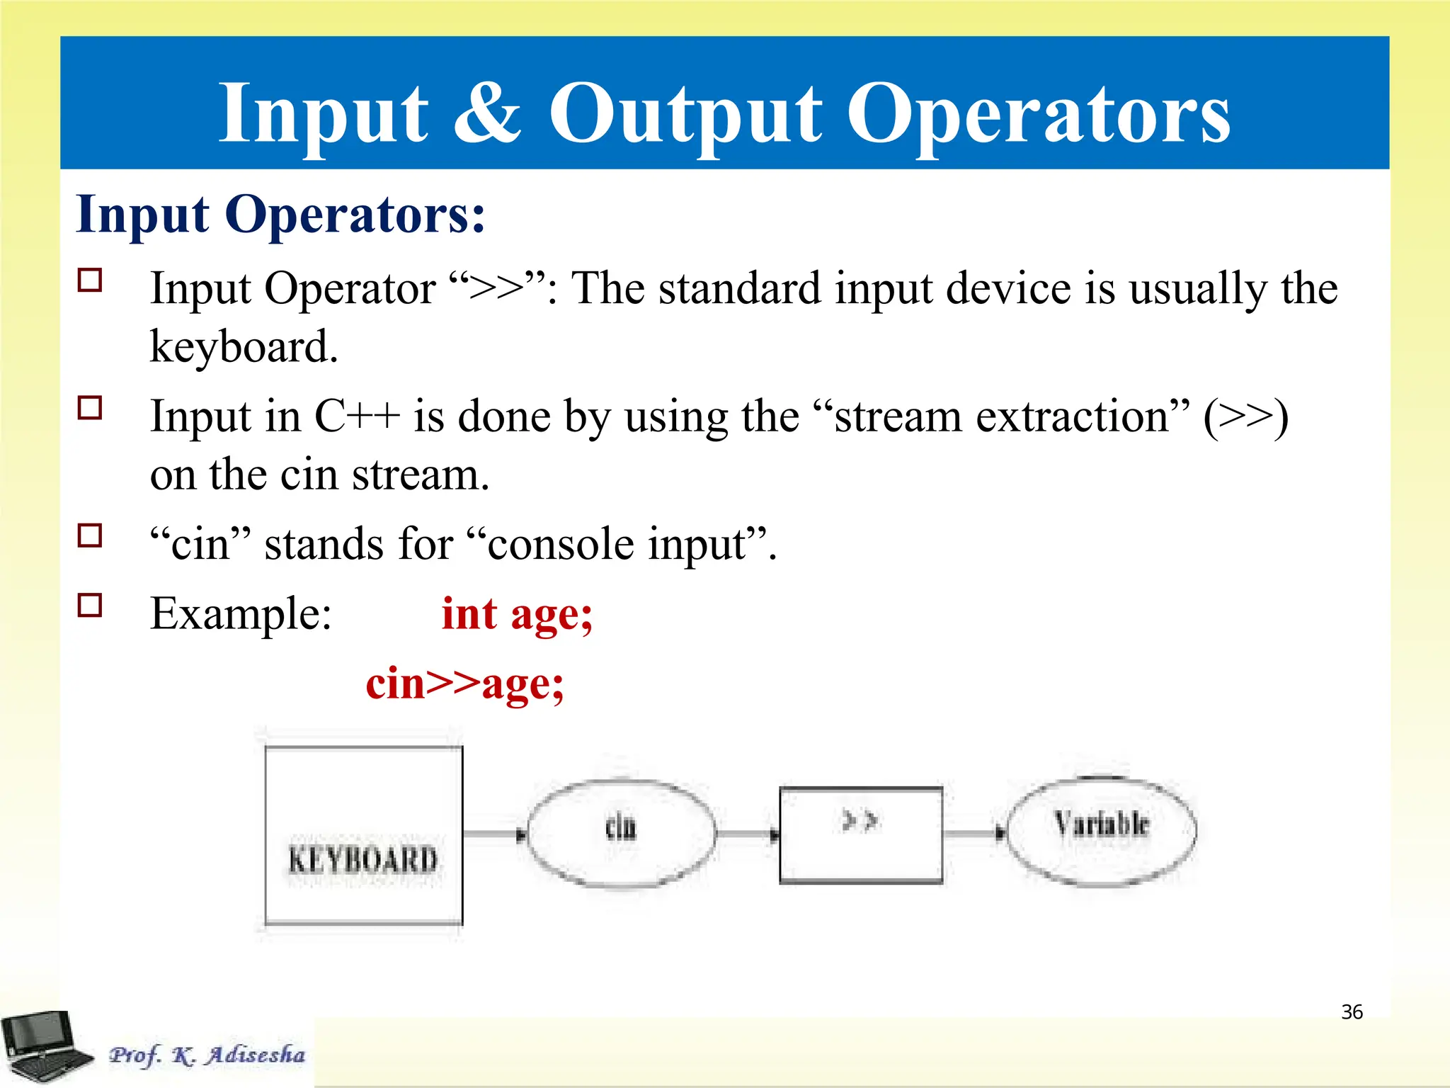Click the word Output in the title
(x=685, y=113)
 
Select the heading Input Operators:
(x=281, y=214)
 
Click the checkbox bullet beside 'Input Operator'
(x=90, y=280)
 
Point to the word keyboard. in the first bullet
(x=244, y=347)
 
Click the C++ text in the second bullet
(x=357, y=416)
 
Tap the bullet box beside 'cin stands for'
(x=90, y=535)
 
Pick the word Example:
(x=241, y=614)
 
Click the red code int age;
(x=517, y=614)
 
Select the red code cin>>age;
(x=464, y=684)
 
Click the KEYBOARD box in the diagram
(x=364, y=836)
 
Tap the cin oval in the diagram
(x=622, y=834)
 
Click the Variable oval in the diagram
(x=1101, y=832)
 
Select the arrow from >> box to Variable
(x=974, y=834)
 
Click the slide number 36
(x=1352, y=1012)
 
